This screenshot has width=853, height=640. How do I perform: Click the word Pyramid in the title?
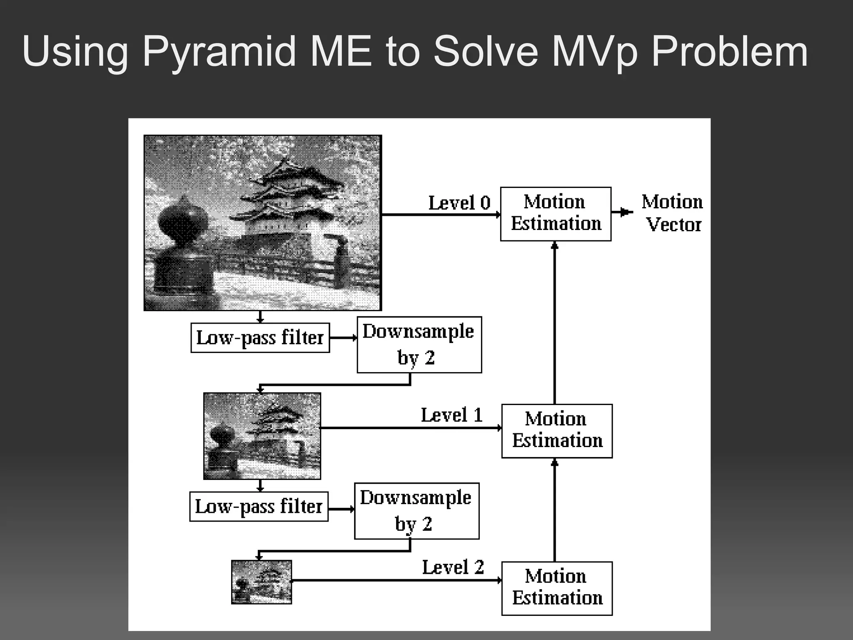click(218, 52)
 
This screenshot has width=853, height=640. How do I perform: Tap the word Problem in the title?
click(729, 52)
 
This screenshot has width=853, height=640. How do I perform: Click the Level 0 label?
click(459, 203)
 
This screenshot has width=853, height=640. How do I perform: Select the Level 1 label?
click(451, 415)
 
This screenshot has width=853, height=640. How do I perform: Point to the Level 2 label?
click(453, 567)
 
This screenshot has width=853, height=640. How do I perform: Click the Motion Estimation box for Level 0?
click(556, 214)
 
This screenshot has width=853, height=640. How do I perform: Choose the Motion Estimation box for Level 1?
click(557, 431)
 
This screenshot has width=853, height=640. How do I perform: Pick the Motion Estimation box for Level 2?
click(557, 588)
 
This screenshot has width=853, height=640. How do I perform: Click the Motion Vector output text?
click(672, 213)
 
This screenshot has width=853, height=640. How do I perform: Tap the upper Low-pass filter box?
click(260, 338)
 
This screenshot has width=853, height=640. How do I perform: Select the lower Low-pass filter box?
click(259, 507)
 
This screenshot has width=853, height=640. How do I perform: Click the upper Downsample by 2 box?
click(419, 345)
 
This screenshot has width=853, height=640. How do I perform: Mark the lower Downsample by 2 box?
click(417, 511)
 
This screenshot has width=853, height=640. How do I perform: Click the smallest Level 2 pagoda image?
click(262, 582)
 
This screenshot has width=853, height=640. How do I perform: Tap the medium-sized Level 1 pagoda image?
click(262, 436)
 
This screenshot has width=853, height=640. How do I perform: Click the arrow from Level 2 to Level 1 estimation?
click(554, 510)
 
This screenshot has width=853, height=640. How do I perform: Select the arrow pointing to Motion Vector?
click(622, 212)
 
